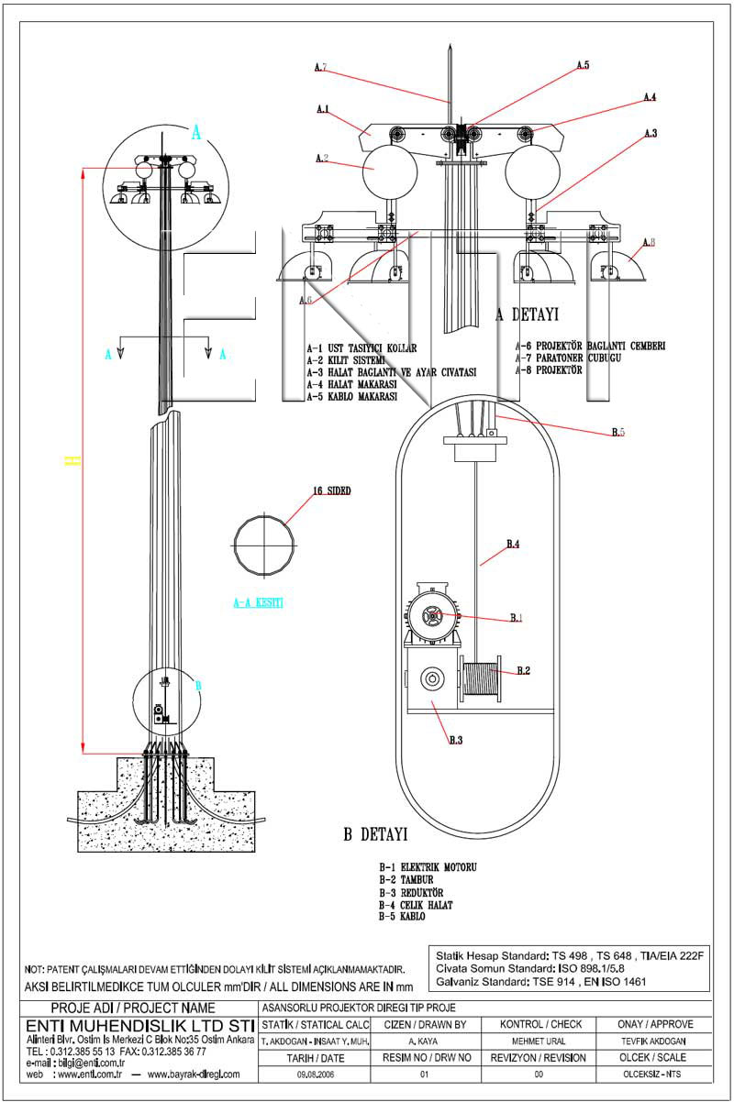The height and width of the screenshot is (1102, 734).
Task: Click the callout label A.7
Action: pyautogui.click(x=320, y=67)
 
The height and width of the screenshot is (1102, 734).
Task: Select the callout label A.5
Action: pyautogui.click(x=583, y=65)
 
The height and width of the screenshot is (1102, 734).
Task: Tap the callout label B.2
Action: pyautogui.click(x=523, y=671)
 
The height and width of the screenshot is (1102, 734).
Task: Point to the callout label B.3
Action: pyautogui.click(x=455, y=739)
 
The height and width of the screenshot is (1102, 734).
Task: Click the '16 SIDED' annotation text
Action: pyautogui.click(x=332, y=491)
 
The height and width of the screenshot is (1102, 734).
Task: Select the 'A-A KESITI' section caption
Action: pyautogui.click(x=258, y=603)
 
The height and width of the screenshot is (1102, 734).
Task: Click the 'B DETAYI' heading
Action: pyautogui.click(x=375, y=835)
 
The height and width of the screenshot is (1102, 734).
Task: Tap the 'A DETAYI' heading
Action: pyautogui.click(x=527, y=314)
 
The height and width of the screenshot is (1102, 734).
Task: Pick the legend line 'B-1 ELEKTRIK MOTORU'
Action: pyautogui.click(x=428, y=866)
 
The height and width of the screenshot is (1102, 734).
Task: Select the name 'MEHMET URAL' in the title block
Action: pyautogui.click(x=539, y=1041)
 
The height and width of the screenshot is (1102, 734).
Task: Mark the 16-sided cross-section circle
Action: pyautogui.click(x=265, y=545)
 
